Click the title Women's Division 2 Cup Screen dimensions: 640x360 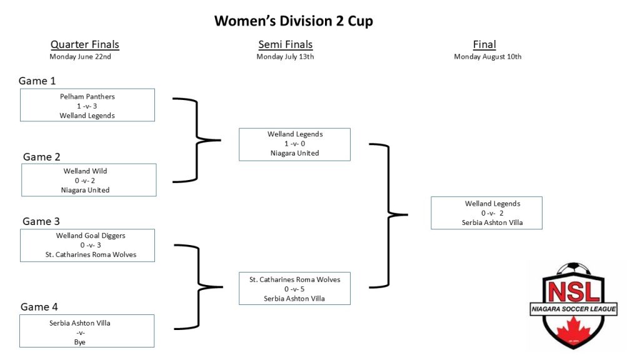pyautogui.click(x=294, y=21)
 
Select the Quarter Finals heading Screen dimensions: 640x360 pyautogui.click(x=85, y=44)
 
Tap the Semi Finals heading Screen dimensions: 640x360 pyautogui.click(x=285, y=44)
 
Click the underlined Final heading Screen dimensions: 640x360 pyautogui.click(x=484, y=44)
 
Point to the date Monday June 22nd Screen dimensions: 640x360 pyautogui.click(x=81, y=57)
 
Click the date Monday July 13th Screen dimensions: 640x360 pyautogui.click(x=285, y=57)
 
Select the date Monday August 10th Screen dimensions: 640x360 pyautogui.click(x=487, y=57)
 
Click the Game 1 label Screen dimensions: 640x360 pyautogui.click(x=37, y=81)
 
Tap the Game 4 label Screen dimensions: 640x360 pyautogui.click(x=39, y=307)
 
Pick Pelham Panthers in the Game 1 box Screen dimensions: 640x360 pyautogui.click(x=87, y=97)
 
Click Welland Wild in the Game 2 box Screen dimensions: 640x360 pyautogui.click(x=85, y=171)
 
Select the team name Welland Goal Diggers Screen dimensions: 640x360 pyautogui.click(x=91, y=236)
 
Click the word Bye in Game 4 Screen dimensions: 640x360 pyautogui.click(x=80, y=342)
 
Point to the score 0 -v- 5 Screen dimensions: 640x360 pyautogui.click(x=294, y=289)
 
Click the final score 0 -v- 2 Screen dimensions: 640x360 pyautogui.click(x=492, y=213)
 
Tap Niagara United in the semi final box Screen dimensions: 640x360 pyautogui.click(x=295, y=153)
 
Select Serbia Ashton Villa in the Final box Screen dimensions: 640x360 pyautogui.click(x=492, y=222)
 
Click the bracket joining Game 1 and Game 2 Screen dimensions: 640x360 pyautogui.click(x=197, y=140)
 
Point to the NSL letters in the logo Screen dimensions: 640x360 pyautogui.click(x=574, y=291)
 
